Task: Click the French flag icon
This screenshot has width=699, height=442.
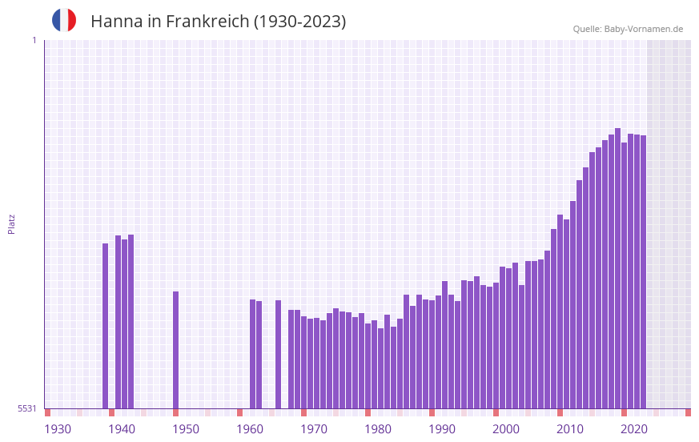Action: (64, 21)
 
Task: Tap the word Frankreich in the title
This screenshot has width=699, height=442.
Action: (207, 22)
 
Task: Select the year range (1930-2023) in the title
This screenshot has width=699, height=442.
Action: (300, 22)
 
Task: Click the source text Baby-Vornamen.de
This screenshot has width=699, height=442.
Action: (644, 29)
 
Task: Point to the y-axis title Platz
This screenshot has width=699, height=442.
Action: (11, 223)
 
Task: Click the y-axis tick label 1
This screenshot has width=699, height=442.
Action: (34, 40)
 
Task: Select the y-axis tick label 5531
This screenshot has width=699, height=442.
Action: (27, 408)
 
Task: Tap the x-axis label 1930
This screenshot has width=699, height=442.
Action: (58, 429)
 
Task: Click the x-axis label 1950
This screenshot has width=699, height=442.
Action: (186, 429)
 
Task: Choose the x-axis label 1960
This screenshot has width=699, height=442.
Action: (250, 429)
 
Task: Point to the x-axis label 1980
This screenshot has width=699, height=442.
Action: (378, 429)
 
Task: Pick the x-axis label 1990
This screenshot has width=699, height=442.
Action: (442, 429)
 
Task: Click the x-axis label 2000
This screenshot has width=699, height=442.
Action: (506, 429)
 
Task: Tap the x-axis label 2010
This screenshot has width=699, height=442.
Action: (570, 429)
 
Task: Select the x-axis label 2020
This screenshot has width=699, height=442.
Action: (634, 429)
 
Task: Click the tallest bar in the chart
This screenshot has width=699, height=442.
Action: (617, 268)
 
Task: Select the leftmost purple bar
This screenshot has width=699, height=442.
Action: (105, 326)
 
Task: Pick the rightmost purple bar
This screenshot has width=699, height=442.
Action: (643, 272)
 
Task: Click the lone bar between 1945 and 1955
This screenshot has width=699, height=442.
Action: (175, 350)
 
